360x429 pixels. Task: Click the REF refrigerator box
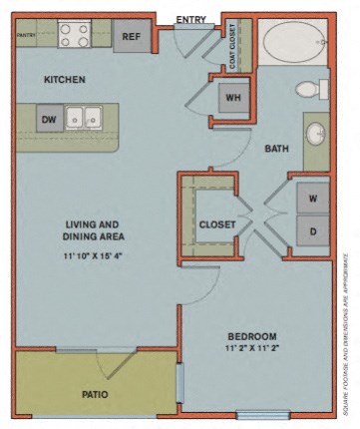(131, 37)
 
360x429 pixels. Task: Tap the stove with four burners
(73, 36)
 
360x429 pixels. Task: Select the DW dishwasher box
(48, 119)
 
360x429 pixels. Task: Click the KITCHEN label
(64, 79)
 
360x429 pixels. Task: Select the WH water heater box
(232, 98)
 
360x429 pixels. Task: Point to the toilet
(308, 89)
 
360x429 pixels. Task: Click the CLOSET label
(216, 224)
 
